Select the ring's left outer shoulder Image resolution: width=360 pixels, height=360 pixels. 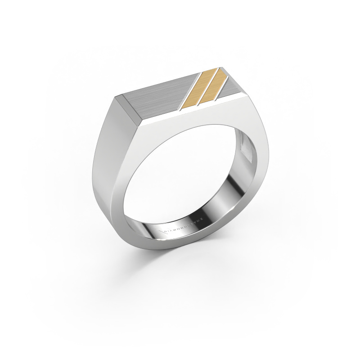pos(101,148)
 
